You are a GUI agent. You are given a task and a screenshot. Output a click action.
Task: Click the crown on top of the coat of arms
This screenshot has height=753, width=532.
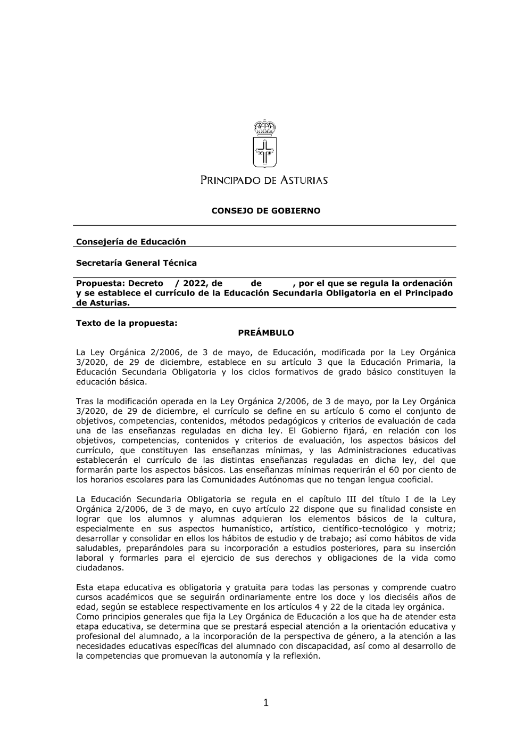264,127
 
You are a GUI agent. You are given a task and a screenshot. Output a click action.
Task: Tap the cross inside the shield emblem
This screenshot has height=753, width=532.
264,151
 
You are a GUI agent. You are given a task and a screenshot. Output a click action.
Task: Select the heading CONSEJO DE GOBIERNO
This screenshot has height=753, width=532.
266,211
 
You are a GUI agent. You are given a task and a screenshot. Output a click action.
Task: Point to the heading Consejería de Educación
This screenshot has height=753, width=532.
131,242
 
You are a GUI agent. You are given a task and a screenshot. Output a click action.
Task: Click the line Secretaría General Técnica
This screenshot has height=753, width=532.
136,263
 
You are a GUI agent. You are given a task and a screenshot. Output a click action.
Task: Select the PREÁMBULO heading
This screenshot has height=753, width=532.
266,333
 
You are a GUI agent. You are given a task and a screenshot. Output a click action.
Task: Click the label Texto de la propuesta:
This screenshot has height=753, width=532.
126,323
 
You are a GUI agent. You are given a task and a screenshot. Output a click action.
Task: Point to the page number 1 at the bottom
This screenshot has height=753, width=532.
266,703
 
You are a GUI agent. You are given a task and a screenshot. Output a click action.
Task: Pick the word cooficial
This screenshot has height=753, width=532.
413,479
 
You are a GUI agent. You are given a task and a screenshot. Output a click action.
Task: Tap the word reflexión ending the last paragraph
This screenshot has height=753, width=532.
301,656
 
